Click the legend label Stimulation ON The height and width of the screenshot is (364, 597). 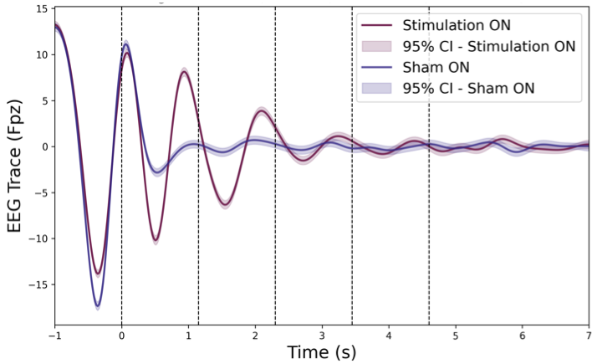coord(456,25)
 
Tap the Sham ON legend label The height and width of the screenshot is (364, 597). coord(435,67)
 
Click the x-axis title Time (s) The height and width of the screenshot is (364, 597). coord(322,352)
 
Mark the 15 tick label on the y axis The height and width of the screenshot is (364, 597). coord(38,9)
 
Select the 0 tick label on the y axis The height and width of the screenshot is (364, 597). coord(43,146)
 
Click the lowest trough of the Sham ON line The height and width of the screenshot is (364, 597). coord(98,305)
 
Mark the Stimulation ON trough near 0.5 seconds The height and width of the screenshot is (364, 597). coord(156,240)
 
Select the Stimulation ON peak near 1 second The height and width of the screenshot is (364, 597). coord(184,72)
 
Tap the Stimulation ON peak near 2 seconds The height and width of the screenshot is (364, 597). coord(262,110)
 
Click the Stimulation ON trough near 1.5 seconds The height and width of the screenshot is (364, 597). coord(225,204)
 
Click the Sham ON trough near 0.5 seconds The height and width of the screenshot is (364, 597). coord(157,172)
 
